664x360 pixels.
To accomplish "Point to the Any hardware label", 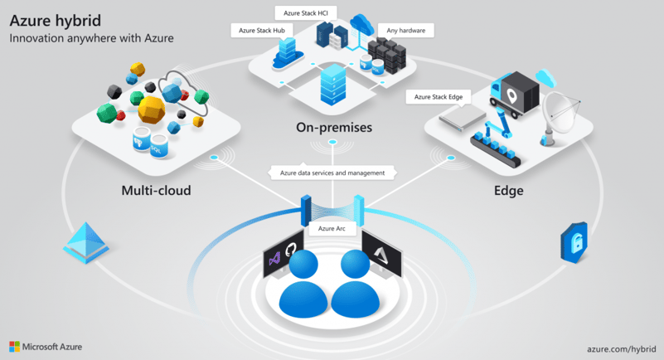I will coord(406,31).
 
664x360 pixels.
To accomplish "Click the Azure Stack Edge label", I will coord(439,97).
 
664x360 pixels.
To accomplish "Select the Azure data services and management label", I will coord(332,173).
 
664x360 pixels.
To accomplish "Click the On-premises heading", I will coord(333,128).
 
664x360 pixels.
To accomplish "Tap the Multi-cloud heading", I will coord(156,191).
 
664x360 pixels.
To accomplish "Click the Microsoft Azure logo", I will coord(46,346).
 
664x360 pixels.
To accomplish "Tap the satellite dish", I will coord(561,116).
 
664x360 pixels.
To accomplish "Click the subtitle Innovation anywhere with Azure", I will coord(91,38).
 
